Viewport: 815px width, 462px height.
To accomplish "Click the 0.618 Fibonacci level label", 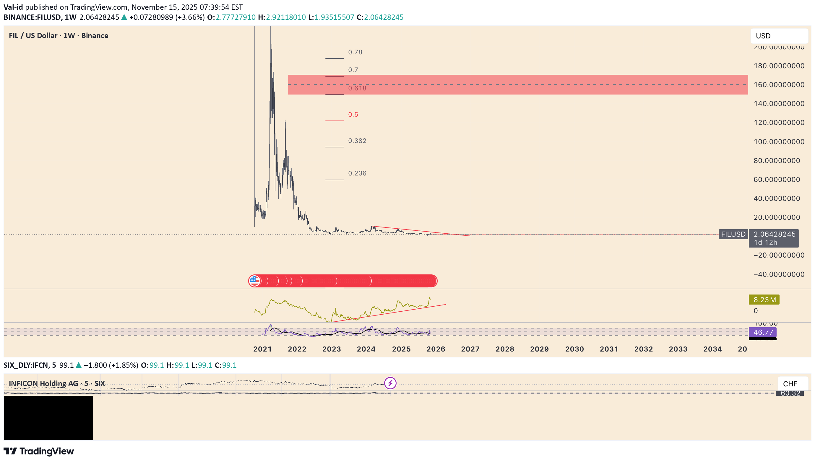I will (x=357, y=88).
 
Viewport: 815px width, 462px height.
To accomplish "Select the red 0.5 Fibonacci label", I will (x=353, y=115).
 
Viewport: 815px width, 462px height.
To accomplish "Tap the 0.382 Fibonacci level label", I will (x=357, y=141).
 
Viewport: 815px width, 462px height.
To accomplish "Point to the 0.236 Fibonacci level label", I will (x=357, y=173).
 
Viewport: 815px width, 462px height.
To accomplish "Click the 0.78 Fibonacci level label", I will (x=355, y=52).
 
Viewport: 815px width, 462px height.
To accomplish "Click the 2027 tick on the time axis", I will (x=470, y=349).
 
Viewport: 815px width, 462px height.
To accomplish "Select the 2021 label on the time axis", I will (x=262, y=349).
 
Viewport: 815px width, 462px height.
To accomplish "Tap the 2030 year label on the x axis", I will (x=574, y=349).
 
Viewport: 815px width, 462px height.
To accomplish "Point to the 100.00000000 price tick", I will (x=779, y=141).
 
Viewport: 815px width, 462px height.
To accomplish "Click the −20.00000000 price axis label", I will (x=779, y=255).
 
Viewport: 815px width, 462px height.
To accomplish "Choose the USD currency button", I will (x=779, y=36).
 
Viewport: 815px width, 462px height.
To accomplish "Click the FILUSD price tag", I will (x=733, y=234).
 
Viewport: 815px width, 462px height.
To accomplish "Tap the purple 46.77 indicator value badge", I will (x=763, y=332).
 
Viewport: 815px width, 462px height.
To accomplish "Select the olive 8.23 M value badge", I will (x=764, y=300).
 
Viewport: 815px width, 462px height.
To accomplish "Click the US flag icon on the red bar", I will (x=254, y=281).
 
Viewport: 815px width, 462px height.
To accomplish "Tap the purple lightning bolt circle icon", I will (x=390, y=383).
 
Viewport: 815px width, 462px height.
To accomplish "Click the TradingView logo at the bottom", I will (x=39, y=451).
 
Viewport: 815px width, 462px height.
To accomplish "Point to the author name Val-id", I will (x=13, y=7).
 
